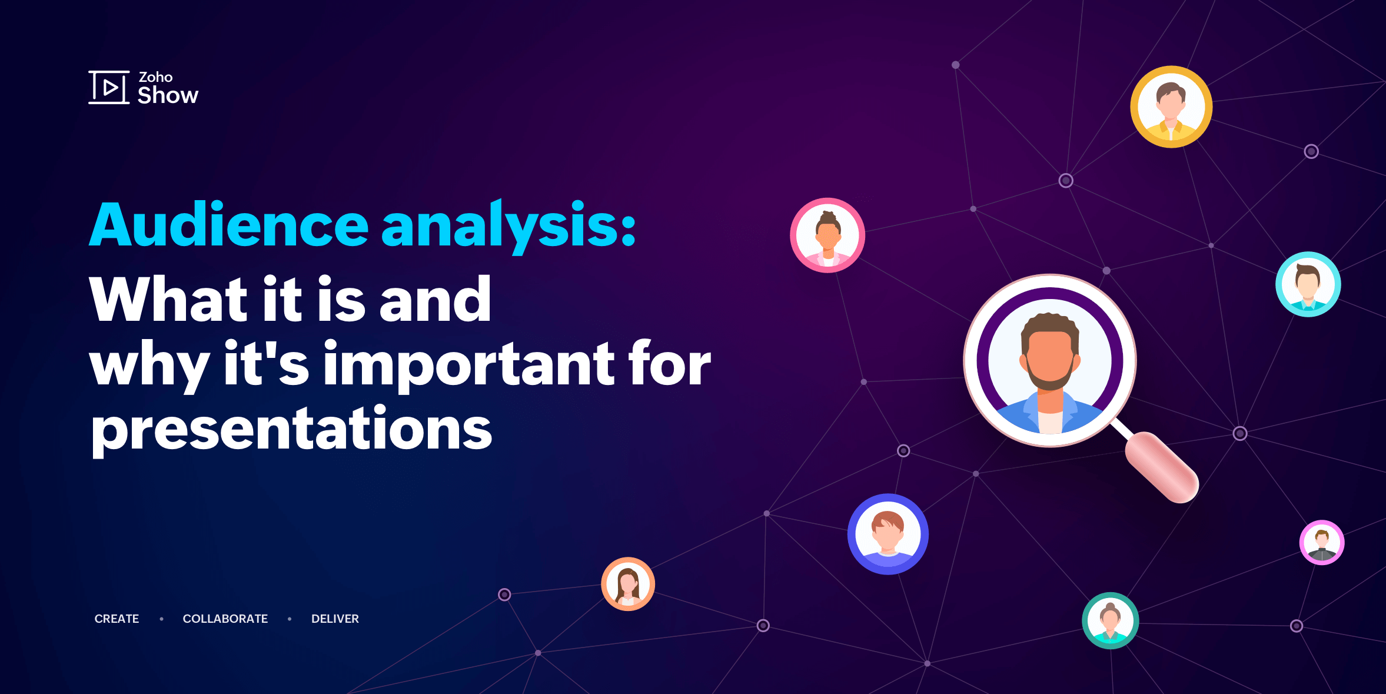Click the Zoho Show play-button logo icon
click(109, 87)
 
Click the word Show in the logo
click(168, 95)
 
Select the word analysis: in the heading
click(509, 227)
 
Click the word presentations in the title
click(291, 429)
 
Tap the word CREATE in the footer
click(117, 619)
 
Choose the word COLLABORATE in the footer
click(225, 619)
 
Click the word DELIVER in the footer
click(335, 619)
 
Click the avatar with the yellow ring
click(1171, 107)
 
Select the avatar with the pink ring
click(827, 235)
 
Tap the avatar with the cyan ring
click(1308, 284)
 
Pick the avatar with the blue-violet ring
click(888, 534)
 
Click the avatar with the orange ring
click(628, 584)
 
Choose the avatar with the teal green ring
click(1111, 620)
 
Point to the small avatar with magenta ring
click(1322, 543)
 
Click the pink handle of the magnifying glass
click(1162, 467)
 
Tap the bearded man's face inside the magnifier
click(1050, 356)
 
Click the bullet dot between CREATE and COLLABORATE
click(162, 619)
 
